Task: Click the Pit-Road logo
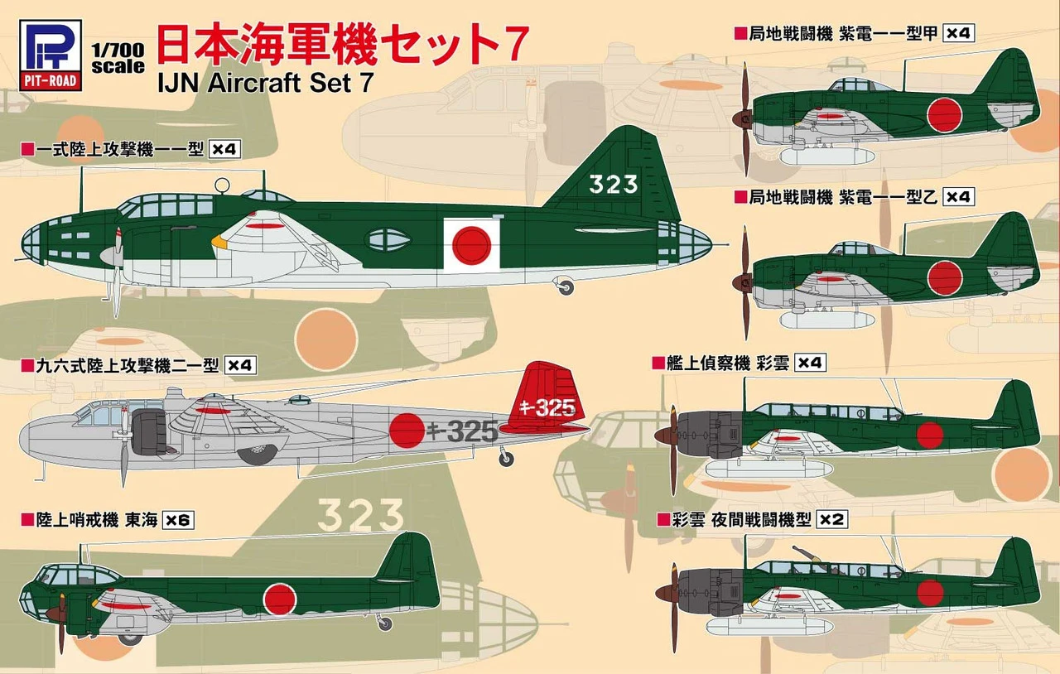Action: pos(51,55)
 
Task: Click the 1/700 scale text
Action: pos(118,59)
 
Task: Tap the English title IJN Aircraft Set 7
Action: pos(266,83)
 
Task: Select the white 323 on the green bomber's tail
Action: pos(614,185)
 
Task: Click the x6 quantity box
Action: pos(178,520)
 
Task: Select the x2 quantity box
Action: pos(831,520)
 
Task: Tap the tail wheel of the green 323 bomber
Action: pos(566,286)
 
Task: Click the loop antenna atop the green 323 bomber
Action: pos(222,185)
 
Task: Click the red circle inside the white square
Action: pos(471,245)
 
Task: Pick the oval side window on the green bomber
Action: pos(389,240)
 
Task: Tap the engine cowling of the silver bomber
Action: pos(148,432)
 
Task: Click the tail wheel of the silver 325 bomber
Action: pos(506,459)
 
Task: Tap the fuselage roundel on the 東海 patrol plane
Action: pos(280,599)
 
